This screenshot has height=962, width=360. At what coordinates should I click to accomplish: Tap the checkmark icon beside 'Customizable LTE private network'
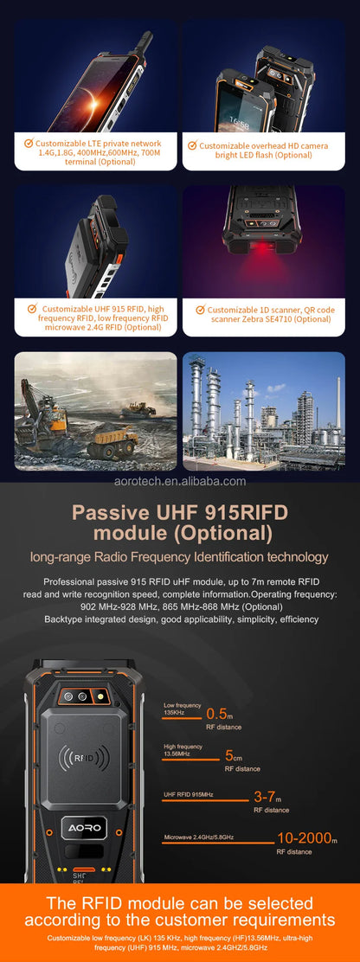pyautogui.click(x=29, y=143)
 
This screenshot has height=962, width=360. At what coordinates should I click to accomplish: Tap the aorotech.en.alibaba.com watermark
pyautogui.click(x=180, y=481)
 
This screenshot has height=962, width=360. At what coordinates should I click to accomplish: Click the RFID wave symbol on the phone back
pyautogui.click(x=83, y=758)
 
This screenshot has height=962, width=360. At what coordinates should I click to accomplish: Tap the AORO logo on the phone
pyautogui.click(x=85, y=828)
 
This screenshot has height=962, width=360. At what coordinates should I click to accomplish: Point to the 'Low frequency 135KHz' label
pyautogui.click(x=182, y=709)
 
